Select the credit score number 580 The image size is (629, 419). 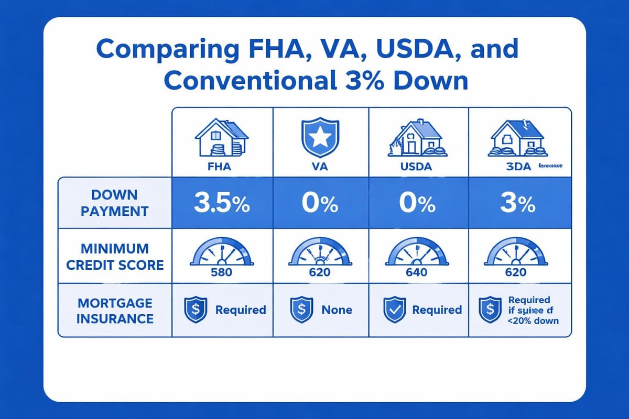(222, 272)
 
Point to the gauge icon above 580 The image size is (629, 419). (222, 252)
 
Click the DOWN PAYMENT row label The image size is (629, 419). (114, 203)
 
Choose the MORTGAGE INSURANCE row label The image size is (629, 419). (115, 311)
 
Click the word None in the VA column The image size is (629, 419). (337, 310)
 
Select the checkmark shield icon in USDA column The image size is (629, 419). (395, 311)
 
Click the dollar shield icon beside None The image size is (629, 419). (298, 311)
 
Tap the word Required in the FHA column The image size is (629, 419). (241, 310)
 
